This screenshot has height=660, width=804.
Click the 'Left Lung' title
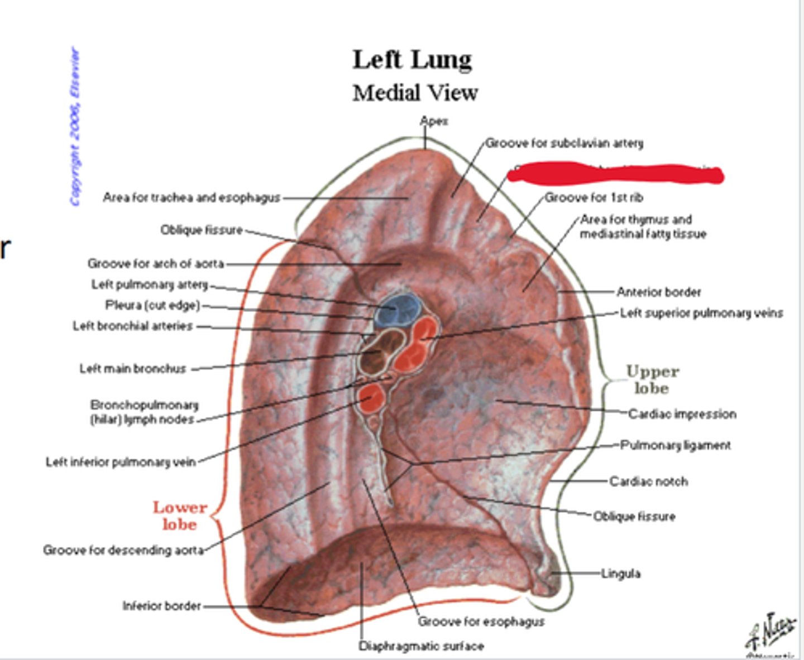[x=412, y=60]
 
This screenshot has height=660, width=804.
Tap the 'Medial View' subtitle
[x=415, y=93]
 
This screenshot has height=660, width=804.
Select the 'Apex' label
[x=434, y=121]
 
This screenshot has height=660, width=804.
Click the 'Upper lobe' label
[x=652, y=379]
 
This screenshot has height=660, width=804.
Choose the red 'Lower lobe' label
[x=180, y=516]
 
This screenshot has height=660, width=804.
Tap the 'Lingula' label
[x=620, y=573]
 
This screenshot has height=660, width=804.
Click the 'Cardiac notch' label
[x=648, y=481]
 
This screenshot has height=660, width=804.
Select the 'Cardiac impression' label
[x=682, y=414]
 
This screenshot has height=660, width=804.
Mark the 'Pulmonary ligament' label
[x=676, y=445]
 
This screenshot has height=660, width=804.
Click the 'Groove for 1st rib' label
[x=594, y=197]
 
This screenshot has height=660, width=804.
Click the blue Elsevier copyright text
[x=75, y=127]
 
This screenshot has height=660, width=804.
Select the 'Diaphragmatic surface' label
[x=421, y=646]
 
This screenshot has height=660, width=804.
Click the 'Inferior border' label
[x=161, y=605]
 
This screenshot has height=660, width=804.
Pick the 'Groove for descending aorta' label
[x=123, y=550]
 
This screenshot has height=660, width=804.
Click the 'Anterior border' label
[x=658, y=292]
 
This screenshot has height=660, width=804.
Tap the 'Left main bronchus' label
[x=132, y=368]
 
